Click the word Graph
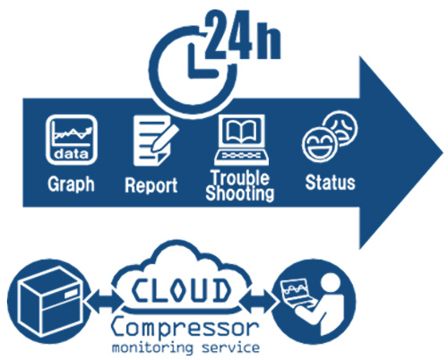[71, 184]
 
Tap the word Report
[151, 185]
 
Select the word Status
[330, 183]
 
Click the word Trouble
[240, 177]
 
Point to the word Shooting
[240, 193]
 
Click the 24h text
[243, 35]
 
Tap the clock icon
[193, 71]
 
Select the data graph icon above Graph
[72, 140]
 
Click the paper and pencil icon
[155, 141]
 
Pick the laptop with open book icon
[241, 140]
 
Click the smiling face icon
[319, 145]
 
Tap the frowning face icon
[341, 128]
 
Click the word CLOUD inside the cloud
[181, 290]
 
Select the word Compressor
[185, 328]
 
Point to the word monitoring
[152, 348]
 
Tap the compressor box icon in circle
[49, 302]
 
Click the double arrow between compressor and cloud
[104, 301]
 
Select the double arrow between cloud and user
[257, 301]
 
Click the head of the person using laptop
[330, 283]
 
